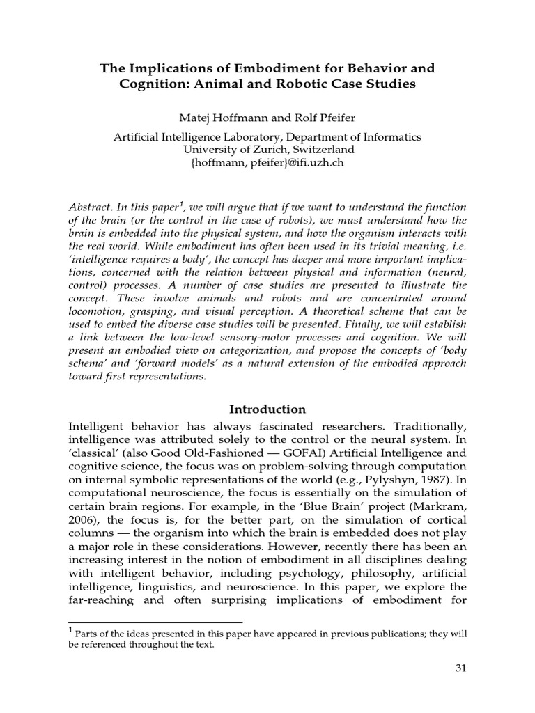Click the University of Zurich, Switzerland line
pos(268,150)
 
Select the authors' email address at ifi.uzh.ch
pos(267,163)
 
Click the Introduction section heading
pos(268,409)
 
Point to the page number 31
pos(460,668)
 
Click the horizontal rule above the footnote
pos(155,622)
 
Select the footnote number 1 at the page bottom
pos(70,631)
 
